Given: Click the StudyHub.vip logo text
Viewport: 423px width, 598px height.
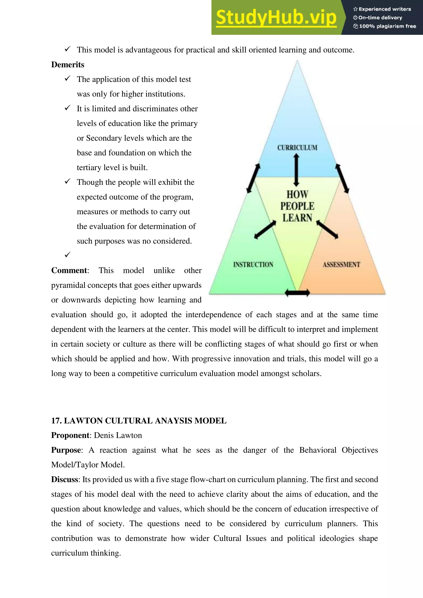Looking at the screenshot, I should (x=276, y=18).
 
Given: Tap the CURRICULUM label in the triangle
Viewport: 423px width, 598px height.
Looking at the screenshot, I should (x=297, y=148).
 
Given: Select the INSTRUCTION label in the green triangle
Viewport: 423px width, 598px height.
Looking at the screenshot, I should (x=253, y=265).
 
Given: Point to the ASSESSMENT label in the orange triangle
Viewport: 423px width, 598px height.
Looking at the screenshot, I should (x=341, y=265).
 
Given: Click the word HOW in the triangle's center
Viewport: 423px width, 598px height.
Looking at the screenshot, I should (x=297, y=194).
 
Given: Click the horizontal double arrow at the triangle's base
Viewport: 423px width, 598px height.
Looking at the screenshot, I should (x=297, y=293).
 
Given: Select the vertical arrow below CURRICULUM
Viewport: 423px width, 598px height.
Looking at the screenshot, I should (x=296, y=170).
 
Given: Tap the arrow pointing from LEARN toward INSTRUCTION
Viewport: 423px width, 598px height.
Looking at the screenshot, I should (x=265, y=229).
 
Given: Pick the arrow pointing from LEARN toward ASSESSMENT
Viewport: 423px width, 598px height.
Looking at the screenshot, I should (x=327, y=229).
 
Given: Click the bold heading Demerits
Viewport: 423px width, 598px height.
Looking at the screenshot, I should (x=68, y=65).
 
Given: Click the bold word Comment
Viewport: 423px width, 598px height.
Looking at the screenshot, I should (x=69, y=270).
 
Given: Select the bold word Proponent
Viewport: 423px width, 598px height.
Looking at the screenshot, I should (x=70, y=435).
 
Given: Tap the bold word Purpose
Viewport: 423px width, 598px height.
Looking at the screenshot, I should (x=66, y=450).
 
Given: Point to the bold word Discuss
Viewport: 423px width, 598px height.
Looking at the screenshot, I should (x=65, y=479).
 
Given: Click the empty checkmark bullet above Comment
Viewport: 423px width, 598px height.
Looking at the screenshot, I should (x=68, y=255).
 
